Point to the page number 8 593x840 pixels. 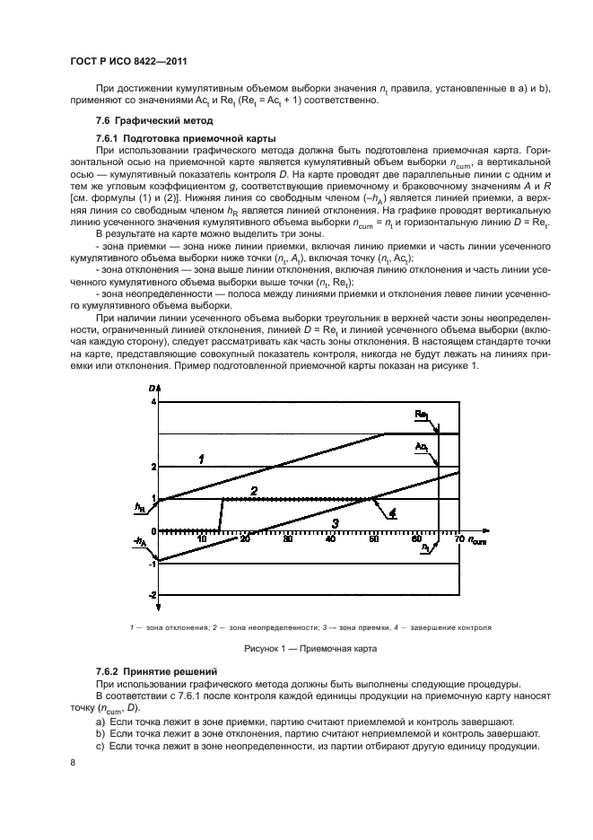[x=73, y=762]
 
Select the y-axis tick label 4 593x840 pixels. [x=153, y=402]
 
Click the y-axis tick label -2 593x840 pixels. [x=152, y=595]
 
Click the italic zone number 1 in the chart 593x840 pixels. [x=202, y=459]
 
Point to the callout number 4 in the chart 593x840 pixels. [x=392, y=513]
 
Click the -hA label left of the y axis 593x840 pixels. [x=140, y=542]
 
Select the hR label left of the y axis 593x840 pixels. [x=139, y=507]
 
